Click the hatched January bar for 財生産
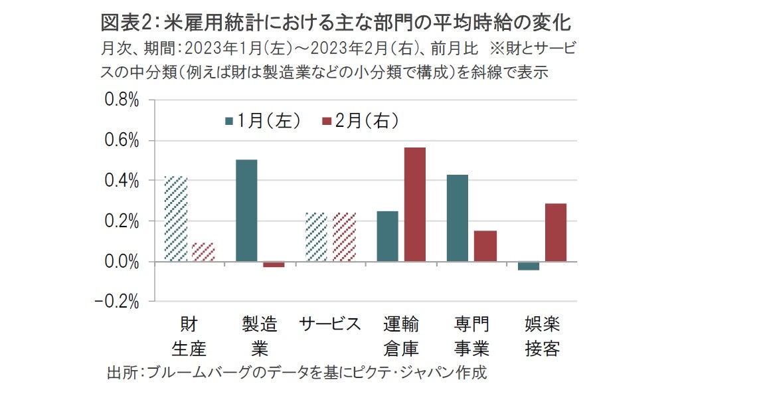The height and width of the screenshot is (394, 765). (x=176, y=219)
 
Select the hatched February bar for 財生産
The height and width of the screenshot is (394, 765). (x=203, y=252)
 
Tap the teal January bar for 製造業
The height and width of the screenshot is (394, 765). (x=246, y=210)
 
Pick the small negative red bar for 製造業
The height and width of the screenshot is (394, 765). (x=274, y=264)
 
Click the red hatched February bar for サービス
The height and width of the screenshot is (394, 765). (x=344, y=237)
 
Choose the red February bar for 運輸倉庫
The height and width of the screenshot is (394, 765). (x=414, y=204)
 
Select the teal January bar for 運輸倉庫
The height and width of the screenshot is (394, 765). (x=387, y=236)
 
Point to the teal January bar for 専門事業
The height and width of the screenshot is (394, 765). (x=457, y=218)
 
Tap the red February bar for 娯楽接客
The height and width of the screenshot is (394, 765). (x=556, y=232)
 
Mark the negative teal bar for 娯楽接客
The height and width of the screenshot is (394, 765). (x=529, y=266)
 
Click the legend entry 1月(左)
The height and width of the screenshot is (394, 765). (x=263, y=120)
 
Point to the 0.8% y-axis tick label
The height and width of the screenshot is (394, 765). (x=120, y=101)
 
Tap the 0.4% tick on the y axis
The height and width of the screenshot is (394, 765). (x=120, y=181)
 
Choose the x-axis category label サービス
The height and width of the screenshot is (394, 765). (x=330, y=324)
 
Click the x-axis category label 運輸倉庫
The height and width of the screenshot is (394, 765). (x=401, y=336)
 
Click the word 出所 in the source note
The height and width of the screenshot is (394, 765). (x=121, y=372)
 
